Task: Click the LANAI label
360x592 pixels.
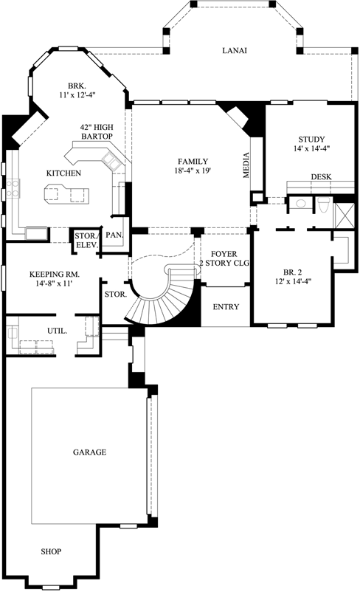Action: click(235, 51)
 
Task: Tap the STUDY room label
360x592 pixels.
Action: click(311, 139)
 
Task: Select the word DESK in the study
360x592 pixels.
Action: click(320, 177)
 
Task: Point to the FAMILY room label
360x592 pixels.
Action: click(193, 161)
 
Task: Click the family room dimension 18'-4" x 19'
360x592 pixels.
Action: click(193, 171)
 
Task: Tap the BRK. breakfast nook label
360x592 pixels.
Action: click(77, 85)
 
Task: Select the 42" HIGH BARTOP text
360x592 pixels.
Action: click(97, 131)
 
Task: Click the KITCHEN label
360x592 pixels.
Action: click(63, 173)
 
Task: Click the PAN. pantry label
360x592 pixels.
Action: click(114, 235)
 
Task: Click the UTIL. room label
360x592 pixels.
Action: click(57, 331)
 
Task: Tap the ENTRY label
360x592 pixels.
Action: click(226, 306)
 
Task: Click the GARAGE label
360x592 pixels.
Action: click(89, 452)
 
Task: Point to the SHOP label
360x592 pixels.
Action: click(50, 551)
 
